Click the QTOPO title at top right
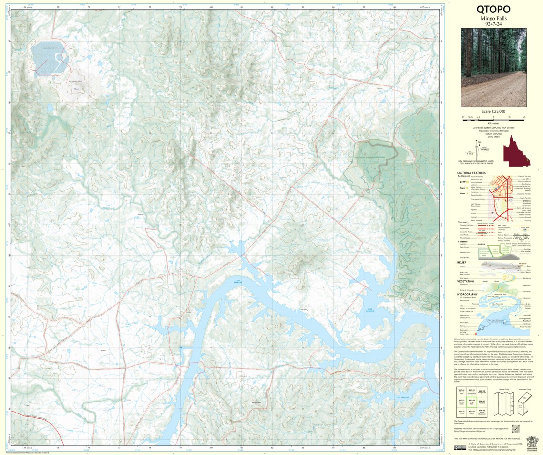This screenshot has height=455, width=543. point(493,9)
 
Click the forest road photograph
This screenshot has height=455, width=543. point(493,67)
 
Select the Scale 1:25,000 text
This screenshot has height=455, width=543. point(493,111)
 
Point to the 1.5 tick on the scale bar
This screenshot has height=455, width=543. point(509,117)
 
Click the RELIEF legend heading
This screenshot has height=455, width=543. point(461,262)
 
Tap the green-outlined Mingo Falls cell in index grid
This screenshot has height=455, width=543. point(471,402)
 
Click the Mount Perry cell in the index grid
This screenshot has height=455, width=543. point(461,392)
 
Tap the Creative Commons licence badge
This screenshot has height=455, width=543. point(460,448)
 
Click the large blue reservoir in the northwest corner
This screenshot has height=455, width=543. point(50,59)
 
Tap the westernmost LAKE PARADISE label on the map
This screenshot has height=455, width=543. point(235,282)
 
